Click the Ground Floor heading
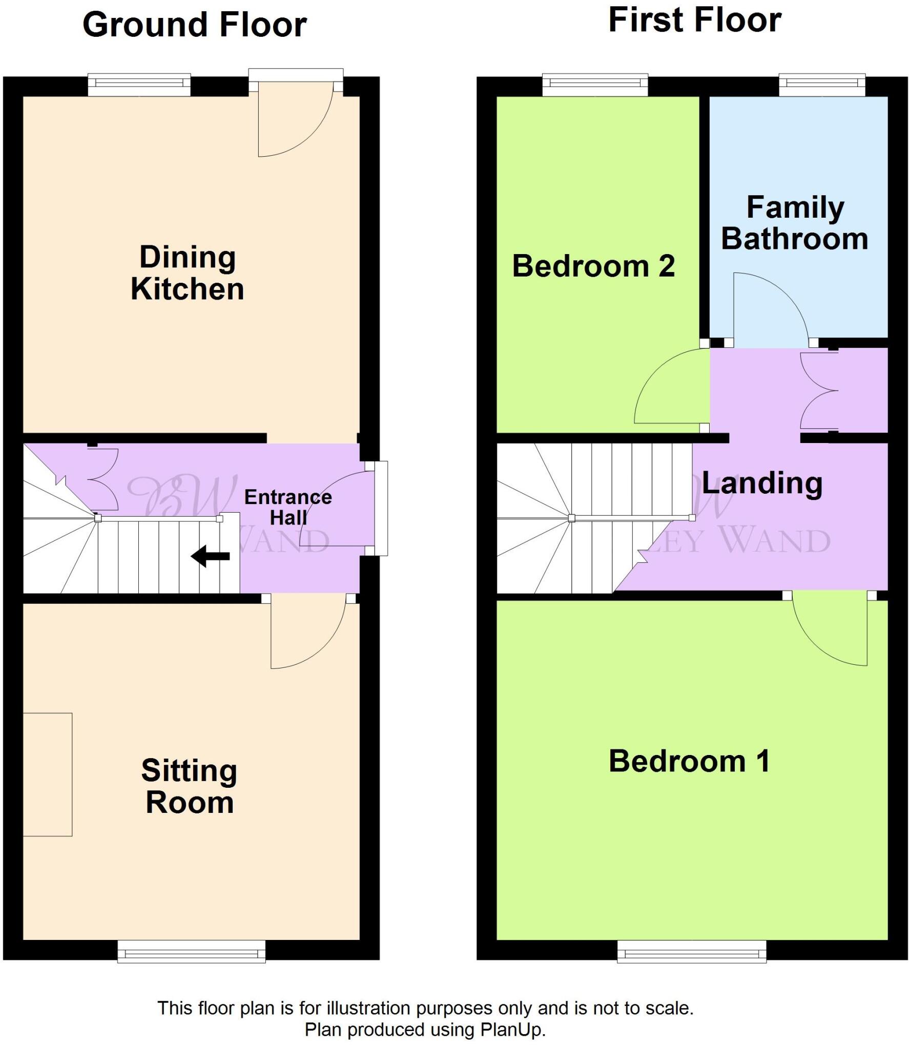194,25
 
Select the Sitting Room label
189,786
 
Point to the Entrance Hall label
288,507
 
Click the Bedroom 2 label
593,266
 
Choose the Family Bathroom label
795,223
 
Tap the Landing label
761,484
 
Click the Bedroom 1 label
689,761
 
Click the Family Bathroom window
821,85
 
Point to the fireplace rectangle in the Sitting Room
48,774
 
